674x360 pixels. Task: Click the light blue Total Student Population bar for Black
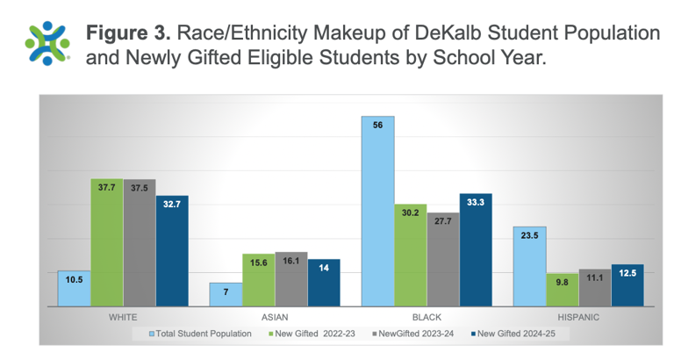click(378, 211)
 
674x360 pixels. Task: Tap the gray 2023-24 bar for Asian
click(290, 279)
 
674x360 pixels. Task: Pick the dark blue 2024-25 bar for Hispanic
click(627, 285)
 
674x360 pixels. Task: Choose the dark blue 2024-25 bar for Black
click(476, 249)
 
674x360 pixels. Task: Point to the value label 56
click(378, 126)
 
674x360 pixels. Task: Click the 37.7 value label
click(107, 187)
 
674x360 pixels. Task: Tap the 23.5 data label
click(530, 234)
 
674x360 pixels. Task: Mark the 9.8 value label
click(563, 282)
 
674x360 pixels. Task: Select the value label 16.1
click(290, 260)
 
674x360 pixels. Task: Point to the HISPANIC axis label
click(577, 316)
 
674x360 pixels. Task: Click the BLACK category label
click(427, 316)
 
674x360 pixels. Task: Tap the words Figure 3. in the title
click(128, 32)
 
